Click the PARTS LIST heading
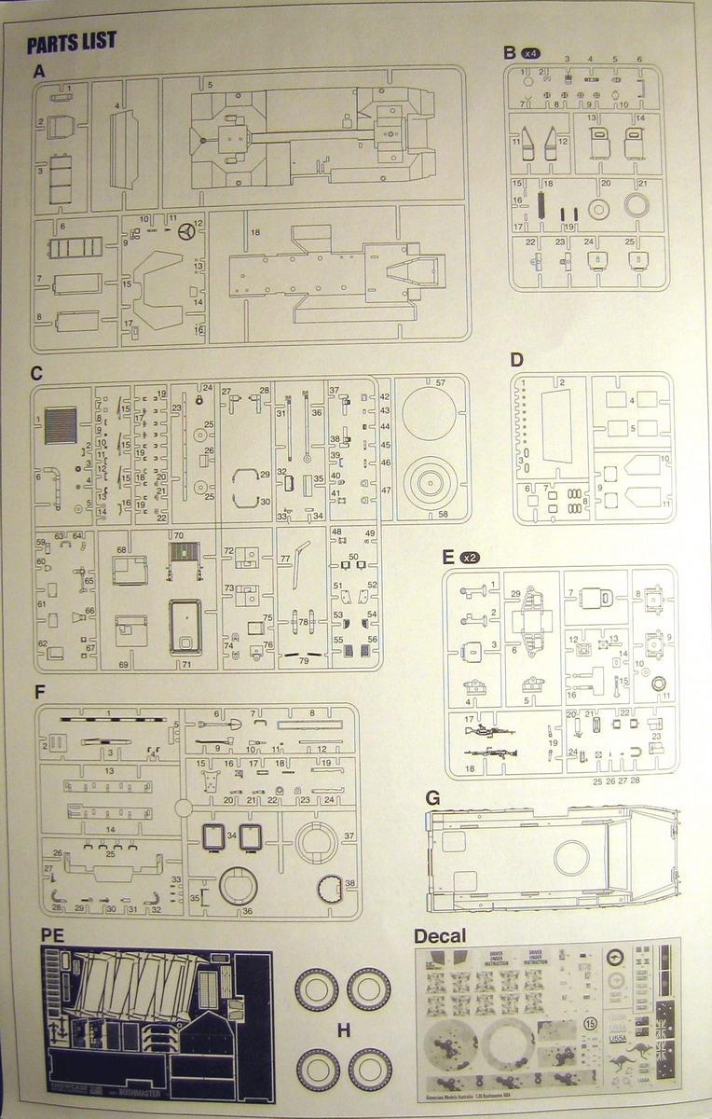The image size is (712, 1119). click(x=72, y=42)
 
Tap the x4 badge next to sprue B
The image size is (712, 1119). click(x=531, y=53)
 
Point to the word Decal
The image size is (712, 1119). click(x=440, y=935)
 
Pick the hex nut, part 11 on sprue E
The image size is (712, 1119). click(x=660, y=684)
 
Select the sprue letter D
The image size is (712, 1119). click(x=515, y=360)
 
